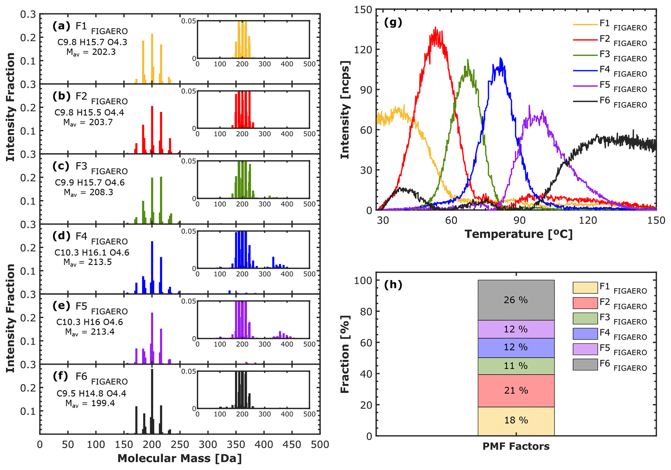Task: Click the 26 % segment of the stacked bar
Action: coord(516,300)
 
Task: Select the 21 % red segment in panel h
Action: coord(516,390)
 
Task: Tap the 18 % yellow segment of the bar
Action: coord(516,421)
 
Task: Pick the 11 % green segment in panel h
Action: coord(516,366)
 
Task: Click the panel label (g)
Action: coord(393,22)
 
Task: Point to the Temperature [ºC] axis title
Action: coord(518,234)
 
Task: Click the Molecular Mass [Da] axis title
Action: coord(180,458)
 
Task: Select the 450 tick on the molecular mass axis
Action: coord(292,444)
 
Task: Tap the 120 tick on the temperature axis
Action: coord(588,221)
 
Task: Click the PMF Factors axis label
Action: coord(516,447)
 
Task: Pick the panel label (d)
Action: coord(61,236)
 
